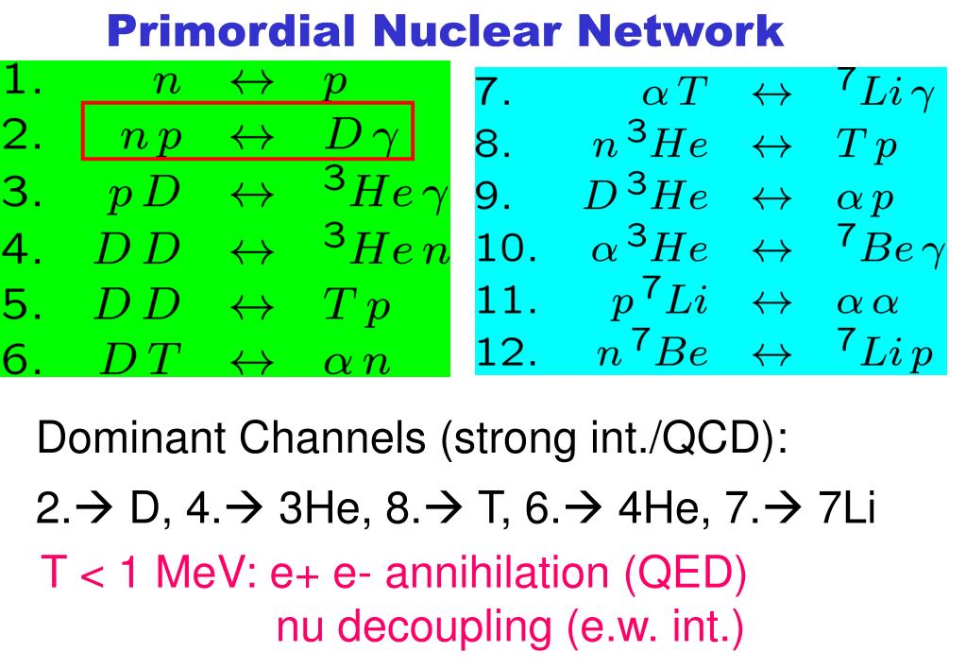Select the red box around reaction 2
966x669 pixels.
247,130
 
